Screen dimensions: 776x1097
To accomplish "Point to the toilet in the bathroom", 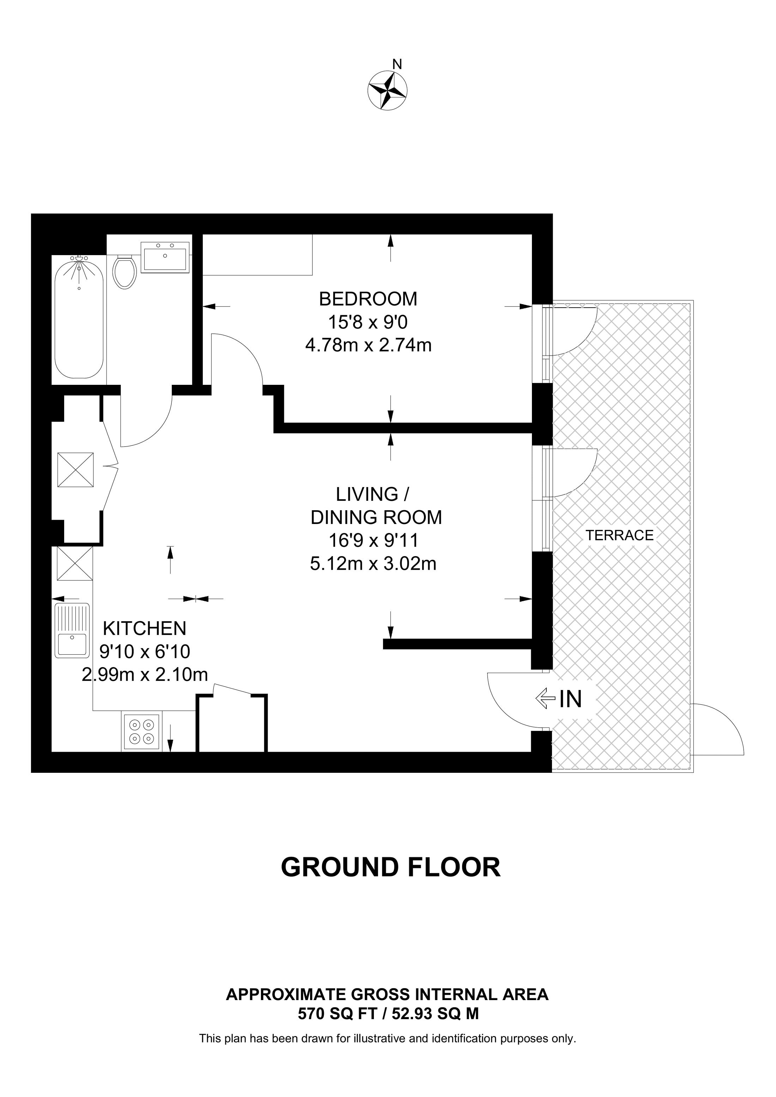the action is point(125,271).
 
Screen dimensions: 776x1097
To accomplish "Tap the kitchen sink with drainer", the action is point(72,629).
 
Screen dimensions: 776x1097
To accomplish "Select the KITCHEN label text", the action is point(144,628).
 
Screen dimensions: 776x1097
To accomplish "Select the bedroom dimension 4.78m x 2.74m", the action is point(368,345).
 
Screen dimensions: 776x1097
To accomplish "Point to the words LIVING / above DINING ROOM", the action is point(372,494).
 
